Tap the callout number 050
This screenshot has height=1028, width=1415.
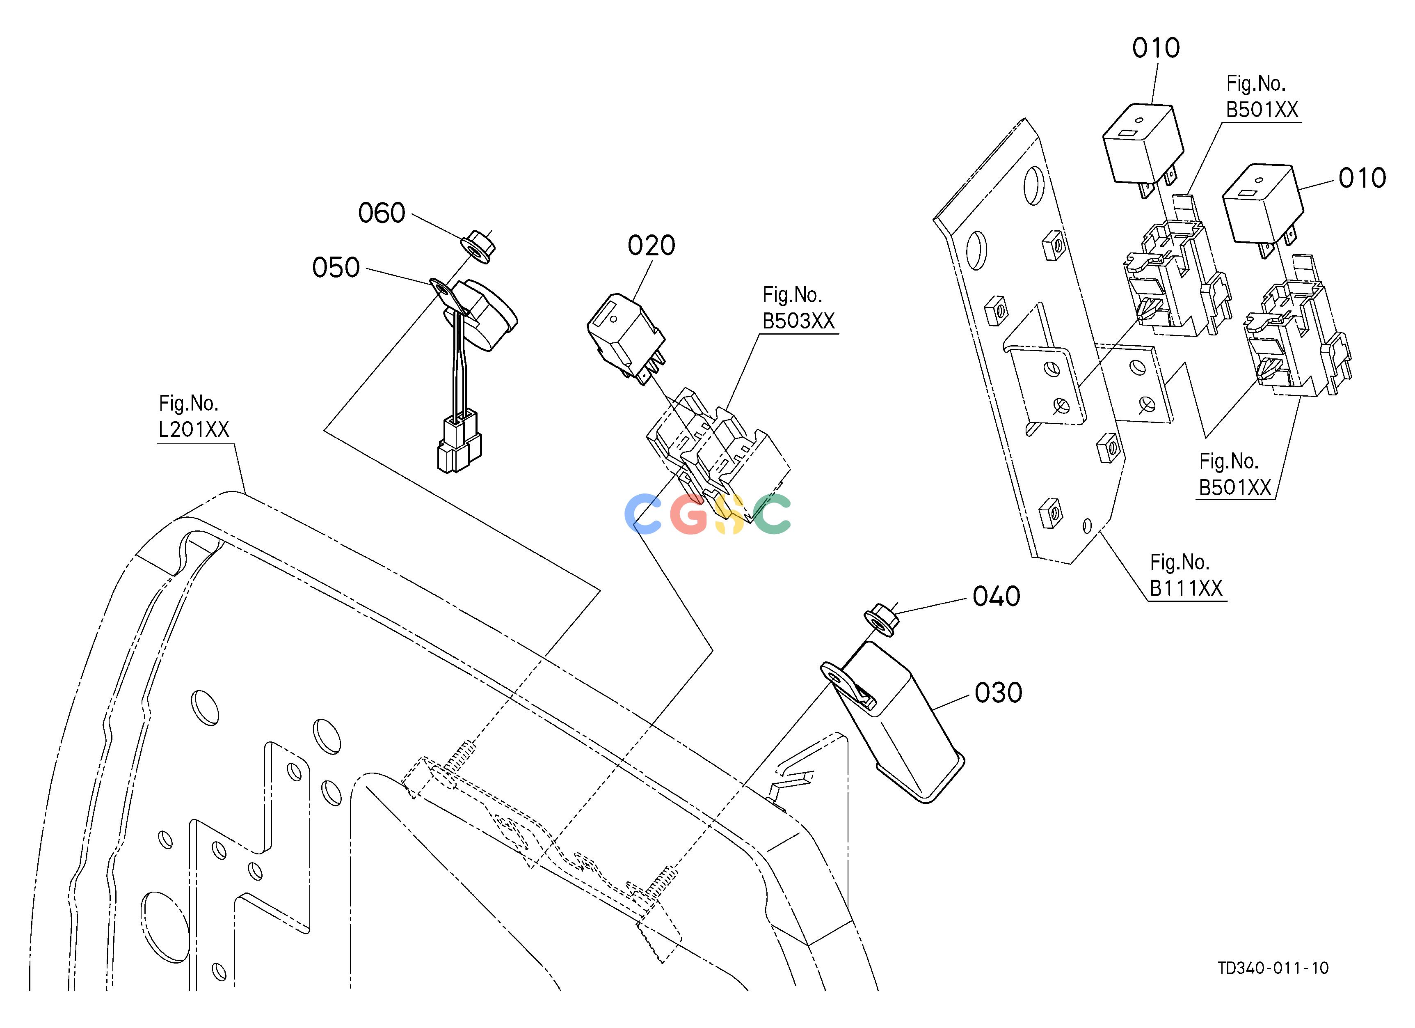pos(336,268)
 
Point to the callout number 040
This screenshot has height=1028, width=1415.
pos(997,597)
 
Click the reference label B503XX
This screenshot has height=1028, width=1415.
pos(799,321)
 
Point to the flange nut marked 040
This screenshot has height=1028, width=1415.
pos(880,619)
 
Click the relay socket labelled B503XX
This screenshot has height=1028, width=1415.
pos(718,452)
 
